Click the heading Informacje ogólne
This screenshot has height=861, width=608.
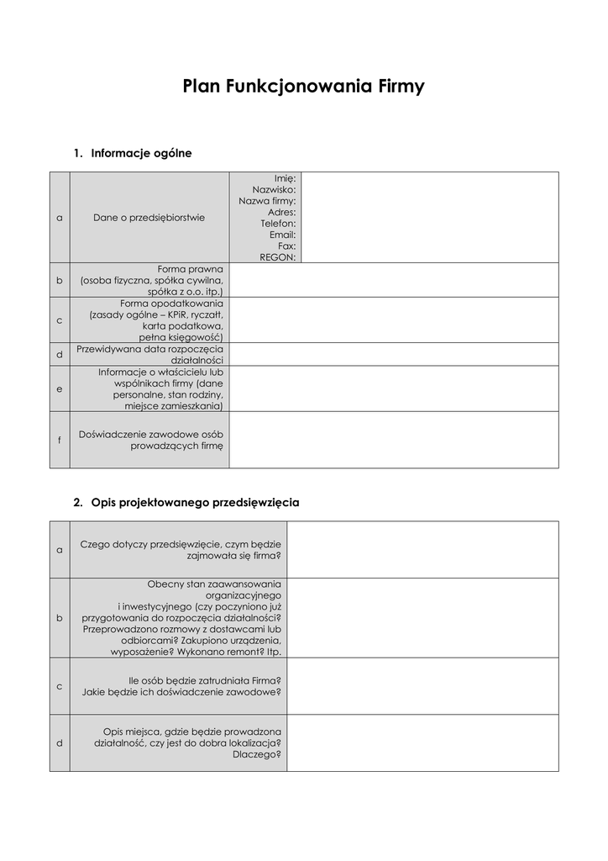click(x=141, y=153)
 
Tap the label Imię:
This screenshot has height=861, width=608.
click(x=285, y=178)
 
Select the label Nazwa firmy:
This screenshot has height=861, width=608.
click(x=267, y=201)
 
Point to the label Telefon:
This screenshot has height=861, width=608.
click(x=278, y=224)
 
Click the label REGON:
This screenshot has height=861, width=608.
click(x=278, y=257)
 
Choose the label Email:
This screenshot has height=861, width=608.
click(x=282, y=235)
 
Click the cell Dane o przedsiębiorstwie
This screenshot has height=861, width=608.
click(x=149, y=218)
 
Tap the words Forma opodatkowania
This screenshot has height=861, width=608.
click(x=172, y=304)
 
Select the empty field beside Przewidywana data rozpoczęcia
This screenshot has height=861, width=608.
click(x=393, y=354)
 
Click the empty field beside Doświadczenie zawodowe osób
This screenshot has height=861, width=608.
click(x=393, y=440)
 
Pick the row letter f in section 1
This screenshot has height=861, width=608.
click(x=60, y=440)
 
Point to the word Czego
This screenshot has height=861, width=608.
click(x=96, y=544)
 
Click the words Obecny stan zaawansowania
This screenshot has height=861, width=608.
click(x=214, y=584)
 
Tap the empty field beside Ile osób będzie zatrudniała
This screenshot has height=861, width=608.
click(x=422, y=685)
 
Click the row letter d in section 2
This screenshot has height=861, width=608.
click(x=60, y=743)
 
